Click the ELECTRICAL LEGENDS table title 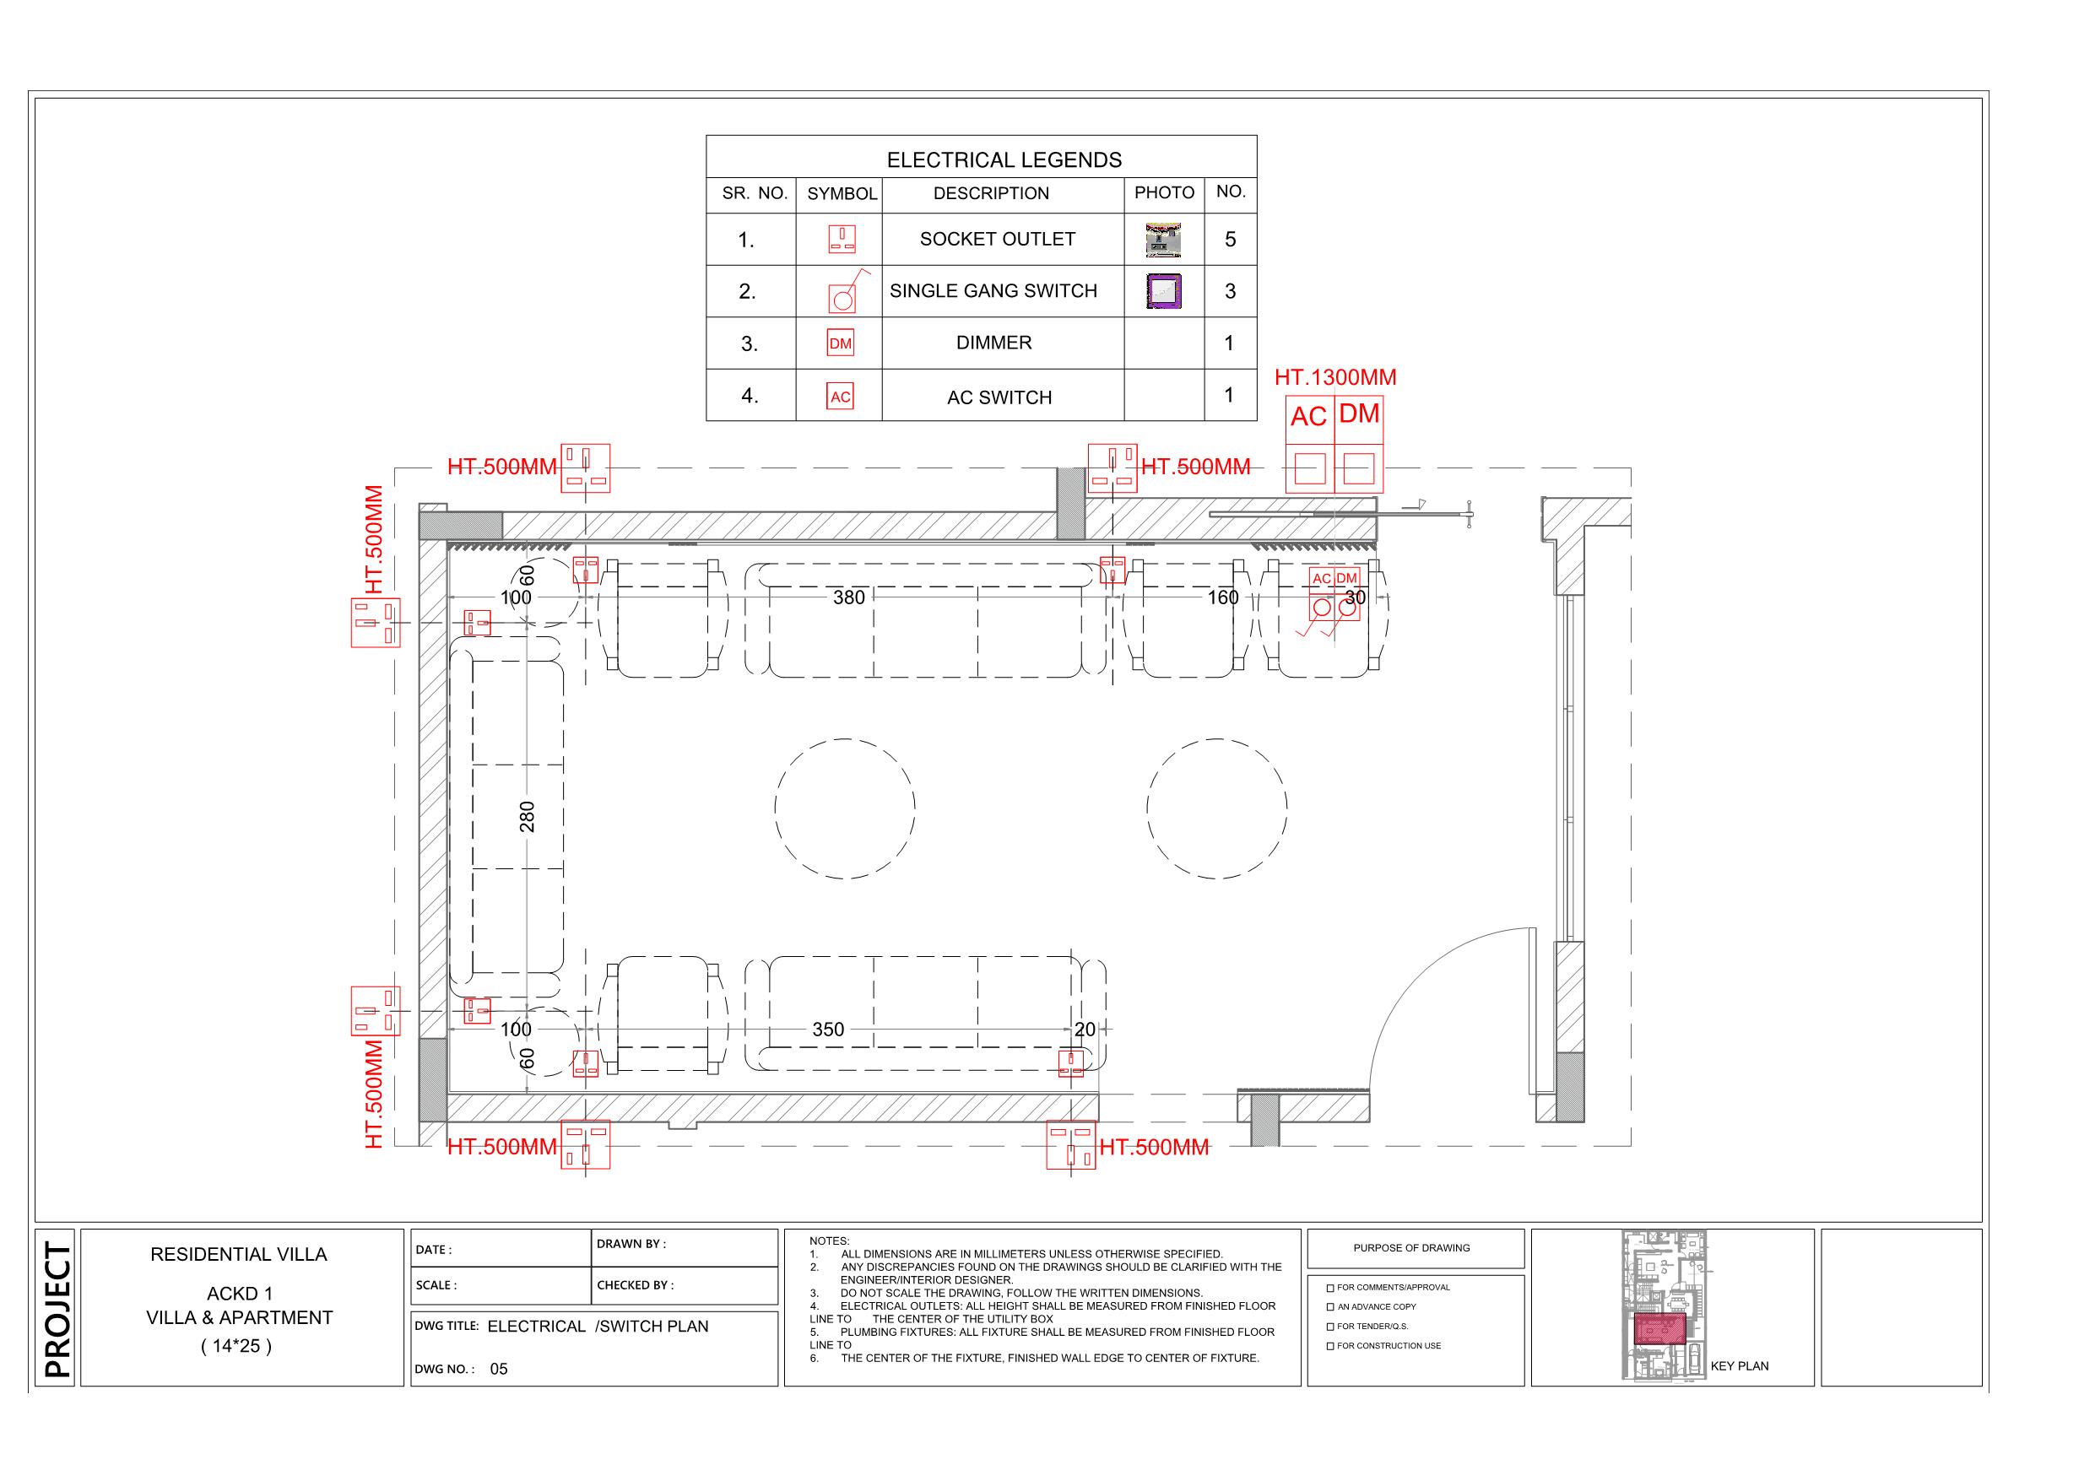click(x=1004, y=159)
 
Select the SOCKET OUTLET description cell click(x=998, y=239)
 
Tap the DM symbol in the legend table click(x=840, y=344)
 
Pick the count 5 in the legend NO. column click(x=1230, y=239)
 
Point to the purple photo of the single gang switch click(x=1163, y=291)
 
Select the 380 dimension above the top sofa click(x=848, y=597)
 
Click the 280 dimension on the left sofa click(x=528, y=816)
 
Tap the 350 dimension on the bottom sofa click(x=827, y=1030)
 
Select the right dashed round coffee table click(x=1216, y=808)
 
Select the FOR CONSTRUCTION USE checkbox click(x=1330, y=1346)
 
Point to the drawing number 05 click(x=498, y=1369)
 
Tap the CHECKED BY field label click(x=635, y=1285)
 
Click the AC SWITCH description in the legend click(x=999, y=397)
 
